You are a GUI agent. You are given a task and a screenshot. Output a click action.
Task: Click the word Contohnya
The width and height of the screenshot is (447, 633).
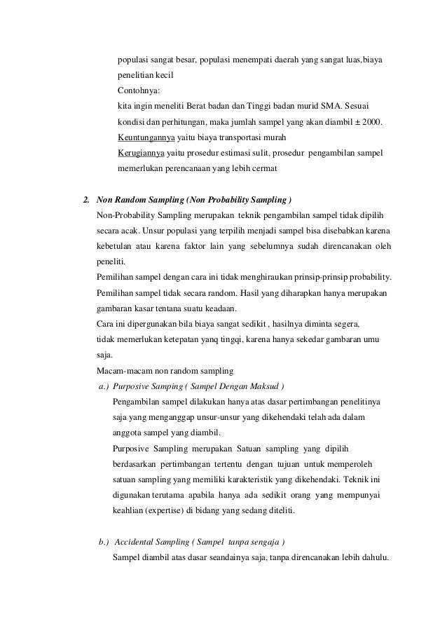click(138, 90)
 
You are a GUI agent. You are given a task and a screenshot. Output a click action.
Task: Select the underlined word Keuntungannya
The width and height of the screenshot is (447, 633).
click(146, 137)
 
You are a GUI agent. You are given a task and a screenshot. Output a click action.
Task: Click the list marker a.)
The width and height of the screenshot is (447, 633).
click(103, 386)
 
